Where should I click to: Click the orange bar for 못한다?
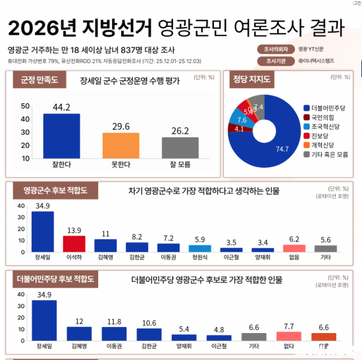[x=120, y=144]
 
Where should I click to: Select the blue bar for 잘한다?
[x=61, y=135]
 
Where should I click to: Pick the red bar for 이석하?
[x=74, y=244]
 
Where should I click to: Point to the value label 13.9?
[x=74, y=229]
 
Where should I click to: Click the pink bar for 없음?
[x=294, y=247]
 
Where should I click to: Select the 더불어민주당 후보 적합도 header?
[x=56, y=280]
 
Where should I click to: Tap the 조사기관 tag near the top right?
[x=269, y=61]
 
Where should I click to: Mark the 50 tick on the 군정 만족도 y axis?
[x=25, y=105]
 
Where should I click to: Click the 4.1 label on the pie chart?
[x=239, y=129]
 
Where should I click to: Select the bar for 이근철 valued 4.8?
[x=218, y=337]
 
